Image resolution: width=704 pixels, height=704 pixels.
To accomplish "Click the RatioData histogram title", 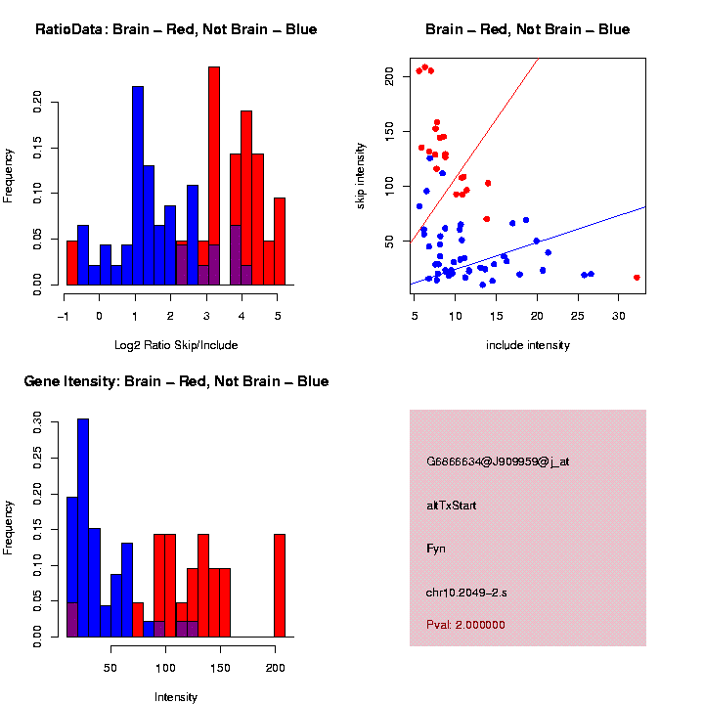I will [x=176, y=29].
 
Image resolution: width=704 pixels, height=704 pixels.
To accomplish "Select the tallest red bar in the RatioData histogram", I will [x=214, y=176].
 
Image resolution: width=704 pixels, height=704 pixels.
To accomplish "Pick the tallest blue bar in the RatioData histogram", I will [x=138, y=186].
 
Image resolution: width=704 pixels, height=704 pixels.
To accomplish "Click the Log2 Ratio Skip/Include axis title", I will [x=175, y=344].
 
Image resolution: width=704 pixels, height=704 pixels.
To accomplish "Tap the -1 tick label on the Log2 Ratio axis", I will [x=65, y=316].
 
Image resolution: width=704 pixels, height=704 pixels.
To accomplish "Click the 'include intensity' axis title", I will [x=528, y=345].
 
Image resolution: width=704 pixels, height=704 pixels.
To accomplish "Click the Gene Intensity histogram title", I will [x=176, y=381].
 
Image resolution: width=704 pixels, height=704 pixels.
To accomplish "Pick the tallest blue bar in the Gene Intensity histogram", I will [x=83, y=528].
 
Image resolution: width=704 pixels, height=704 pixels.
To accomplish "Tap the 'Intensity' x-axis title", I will [x=176, y=697].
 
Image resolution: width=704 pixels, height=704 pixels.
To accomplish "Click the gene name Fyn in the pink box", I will [x=436, y=549].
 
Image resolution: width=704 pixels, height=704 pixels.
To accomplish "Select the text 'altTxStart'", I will [x=452, y=506].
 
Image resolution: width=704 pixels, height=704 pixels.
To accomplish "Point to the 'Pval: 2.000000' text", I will [x=466, y=625].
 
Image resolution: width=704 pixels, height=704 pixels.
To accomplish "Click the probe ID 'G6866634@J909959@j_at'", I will [x=498, y=462].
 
